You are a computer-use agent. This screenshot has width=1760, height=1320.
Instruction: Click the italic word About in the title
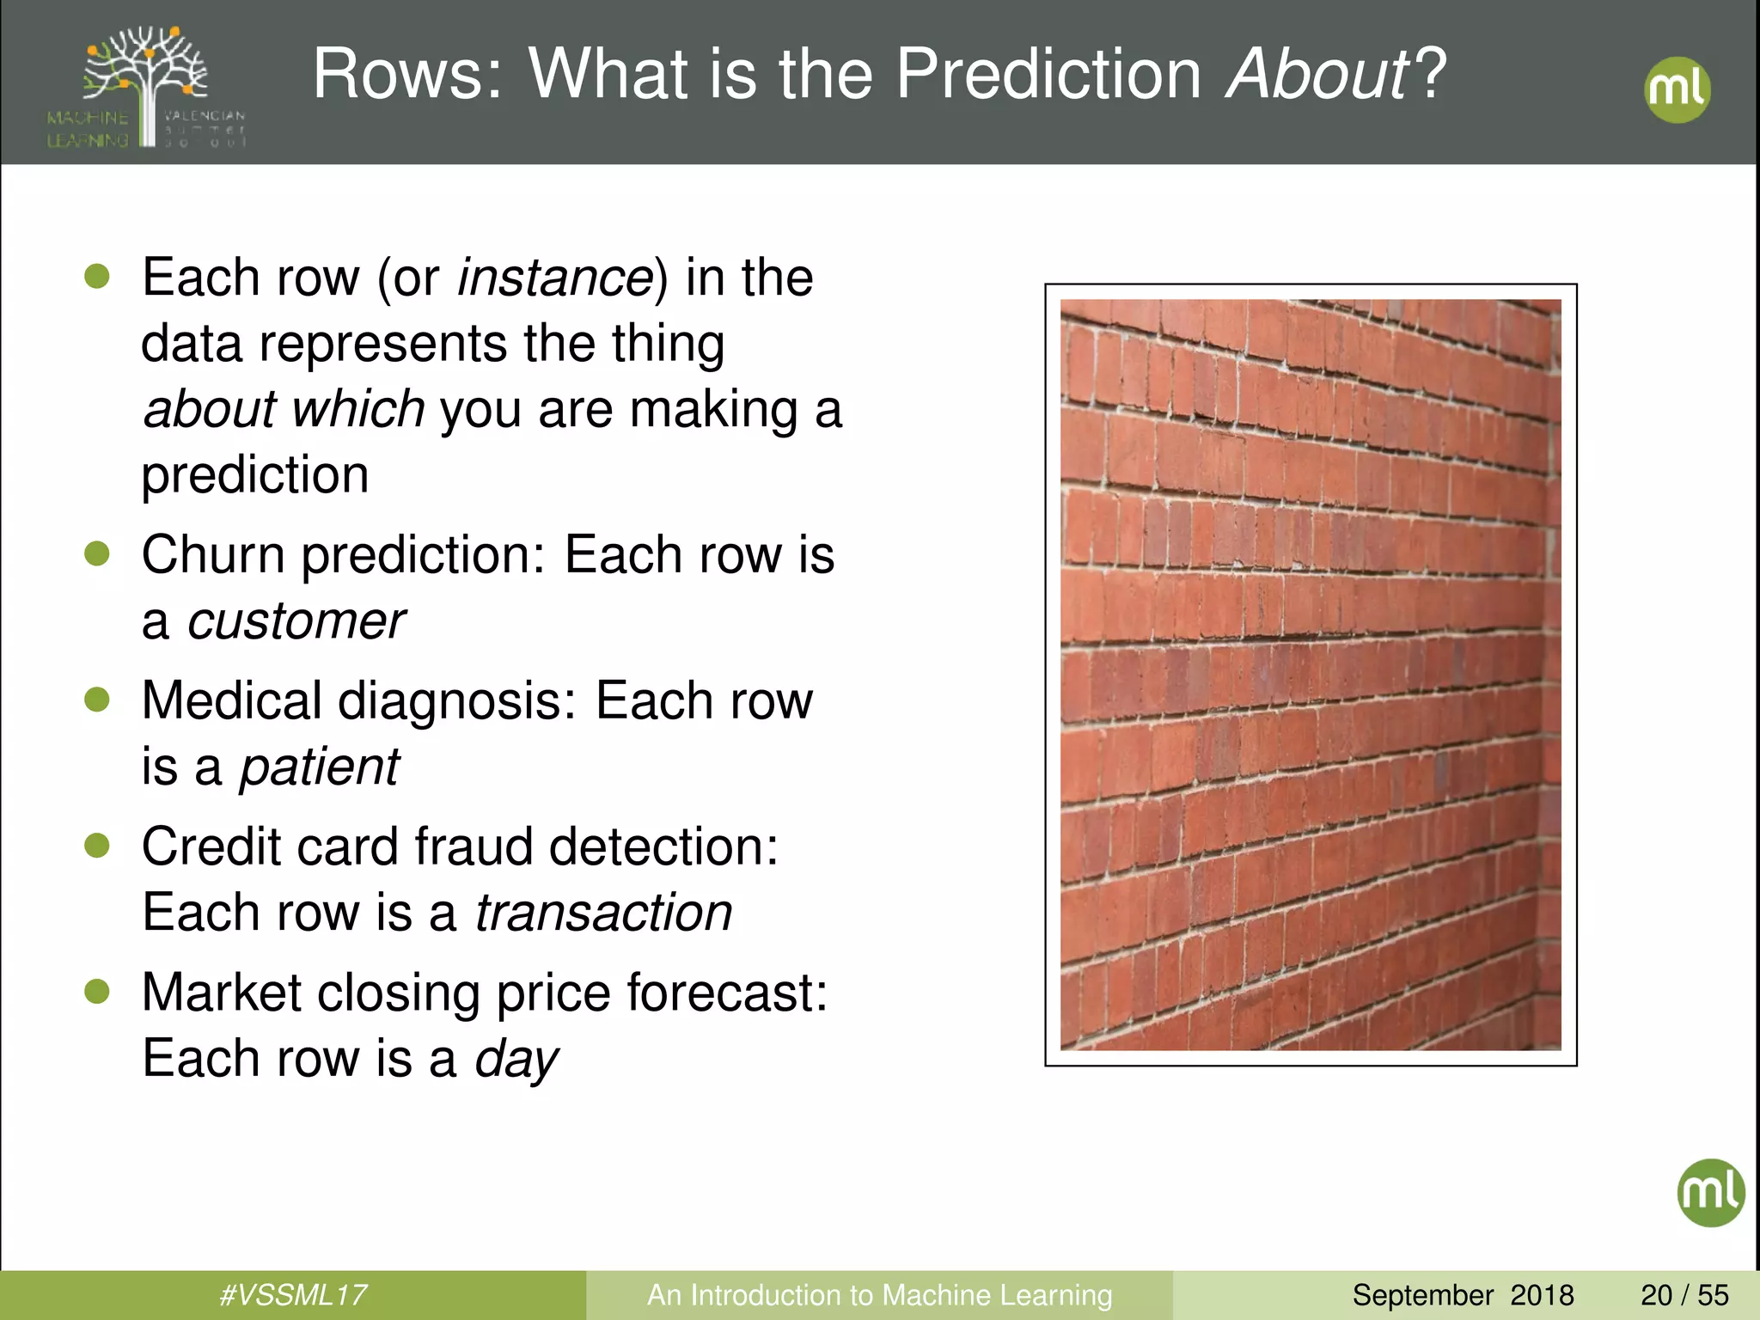[x=1318, y=74]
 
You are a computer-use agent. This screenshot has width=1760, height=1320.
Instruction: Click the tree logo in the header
[x=147, y=86]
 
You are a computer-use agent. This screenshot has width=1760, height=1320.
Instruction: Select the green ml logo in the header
[x=1677, y=89]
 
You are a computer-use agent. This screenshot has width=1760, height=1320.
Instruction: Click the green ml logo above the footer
[x=1710, y=1192]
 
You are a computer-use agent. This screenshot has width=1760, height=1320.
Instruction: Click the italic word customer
[x=296, y=621]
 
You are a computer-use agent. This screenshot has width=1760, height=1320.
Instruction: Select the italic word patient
[x=319, y=767]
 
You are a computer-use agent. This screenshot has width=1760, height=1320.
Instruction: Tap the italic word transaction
[x=603, y=913]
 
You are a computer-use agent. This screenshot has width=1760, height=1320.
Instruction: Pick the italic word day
[x=516, y=1060]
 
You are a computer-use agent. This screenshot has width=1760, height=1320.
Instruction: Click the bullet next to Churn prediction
[x=97, y=554]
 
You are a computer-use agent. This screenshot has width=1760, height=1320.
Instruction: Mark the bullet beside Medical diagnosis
[x=97, y=700]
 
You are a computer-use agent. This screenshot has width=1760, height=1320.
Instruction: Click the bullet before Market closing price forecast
[x=97, y=992]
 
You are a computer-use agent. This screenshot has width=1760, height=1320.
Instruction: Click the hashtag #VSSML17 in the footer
[x=293, y=1295]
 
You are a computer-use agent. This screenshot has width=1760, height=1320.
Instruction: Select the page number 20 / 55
[x=1684, y=1295]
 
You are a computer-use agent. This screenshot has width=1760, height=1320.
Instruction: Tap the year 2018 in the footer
[x=1542, y=1295]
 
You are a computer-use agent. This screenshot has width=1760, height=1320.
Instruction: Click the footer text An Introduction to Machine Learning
[x=879, y=1295]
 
